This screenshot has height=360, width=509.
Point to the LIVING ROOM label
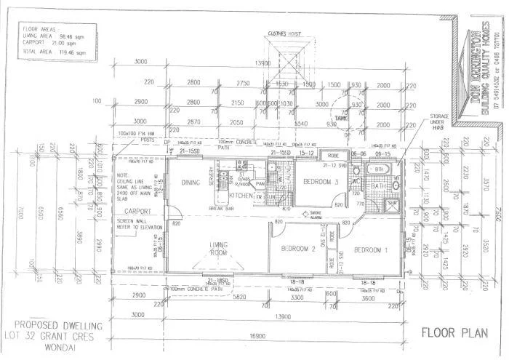pos(220,249)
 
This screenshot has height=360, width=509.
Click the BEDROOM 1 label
pos(372,250)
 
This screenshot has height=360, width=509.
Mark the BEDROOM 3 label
pos(321,181)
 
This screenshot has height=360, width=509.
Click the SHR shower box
pos(391,203)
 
